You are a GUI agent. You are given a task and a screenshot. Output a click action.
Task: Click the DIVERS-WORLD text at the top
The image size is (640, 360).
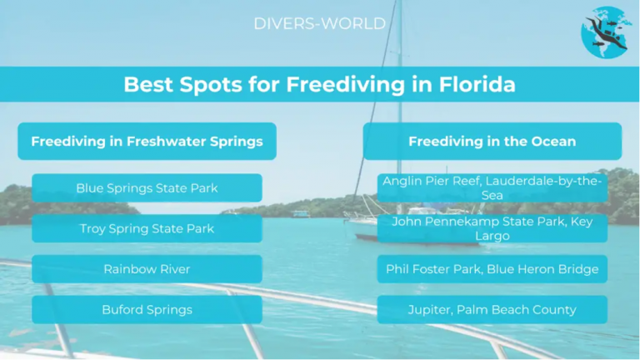point(320,23)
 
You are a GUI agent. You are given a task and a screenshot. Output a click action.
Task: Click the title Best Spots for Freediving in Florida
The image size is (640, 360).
point(320,85)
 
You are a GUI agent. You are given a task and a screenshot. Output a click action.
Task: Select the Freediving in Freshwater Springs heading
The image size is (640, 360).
point(147,142)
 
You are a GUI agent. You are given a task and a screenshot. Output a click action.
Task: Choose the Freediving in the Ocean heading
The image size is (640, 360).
point(492,142)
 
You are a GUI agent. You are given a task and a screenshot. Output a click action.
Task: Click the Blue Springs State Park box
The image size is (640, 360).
point(147,188)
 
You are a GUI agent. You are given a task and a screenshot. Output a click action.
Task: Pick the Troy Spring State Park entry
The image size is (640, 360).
point(147,228)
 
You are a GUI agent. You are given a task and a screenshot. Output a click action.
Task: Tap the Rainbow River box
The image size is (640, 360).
point(147,269)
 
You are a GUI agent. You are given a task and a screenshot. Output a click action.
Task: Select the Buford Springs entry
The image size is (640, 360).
point(147,310)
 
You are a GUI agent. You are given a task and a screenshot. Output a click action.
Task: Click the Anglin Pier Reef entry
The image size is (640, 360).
point(492,188)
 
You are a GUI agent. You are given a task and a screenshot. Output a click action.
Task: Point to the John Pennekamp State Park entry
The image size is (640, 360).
point(492,228)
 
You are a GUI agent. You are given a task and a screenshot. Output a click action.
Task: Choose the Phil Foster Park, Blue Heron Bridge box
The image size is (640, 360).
point(492,269)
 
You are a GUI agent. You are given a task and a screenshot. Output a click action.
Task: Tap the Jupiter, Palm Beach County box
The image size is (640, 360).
point(492,310)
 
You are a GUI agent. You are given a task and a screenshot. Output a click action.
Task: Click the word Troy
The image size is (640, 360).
point(94,228)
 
